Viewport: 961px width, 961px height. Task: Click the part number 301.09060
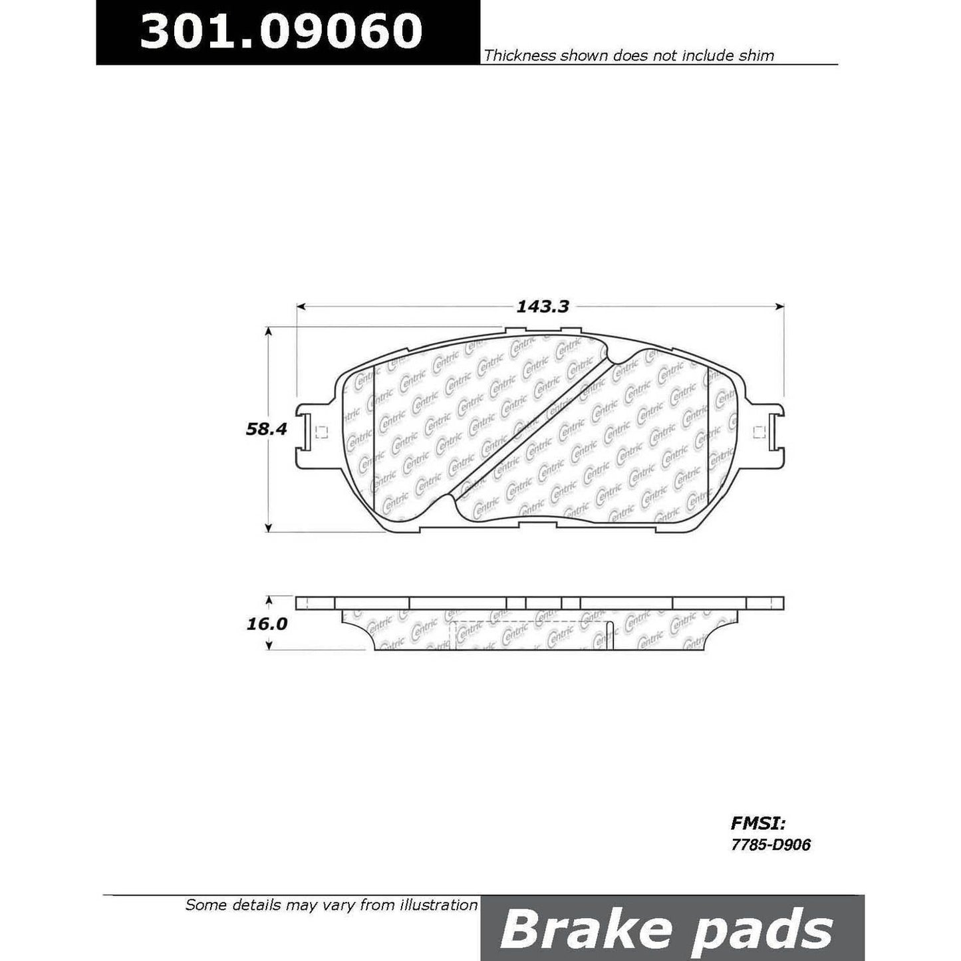click(281, 31)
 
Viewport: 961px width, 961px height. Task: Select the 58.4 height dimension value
click(266, 429)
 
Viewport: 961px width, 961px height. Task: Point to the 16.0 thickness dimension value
click(266, 624)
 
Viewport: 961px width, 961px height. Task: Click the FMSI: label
click(758, 824)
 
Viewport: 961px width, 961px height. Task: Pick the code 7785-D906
click(770, 845)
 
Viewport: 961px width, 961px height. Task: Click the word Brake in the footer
click(577, 930)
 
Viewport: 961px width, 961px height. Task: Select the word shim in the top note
click(755, 56)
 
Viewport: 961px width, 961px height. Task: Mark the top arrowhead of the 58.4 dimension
click(269, 331)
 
